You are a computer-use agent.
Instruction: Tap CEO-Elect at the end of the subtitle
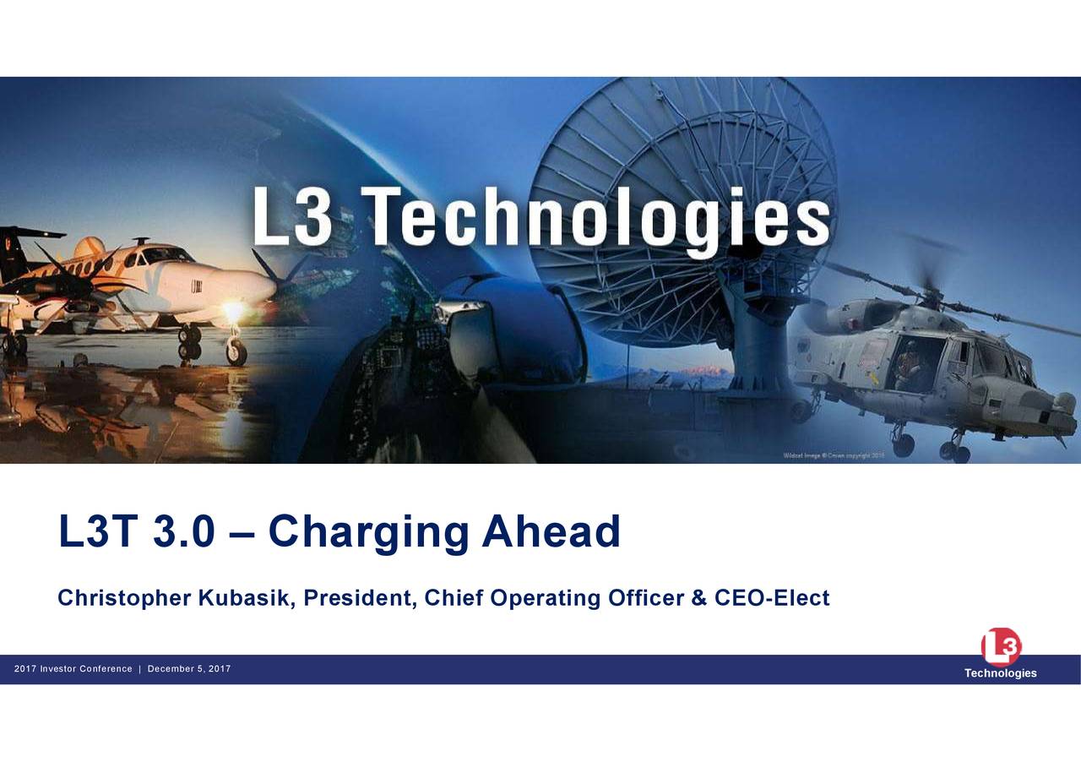[772, 598]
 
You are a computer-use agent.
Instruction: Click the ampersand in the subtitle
[698, 598]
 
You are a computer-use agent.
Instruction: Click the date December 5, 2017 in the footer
[189, 669]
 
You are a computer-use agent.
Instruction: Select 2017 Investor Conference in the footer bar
[73, 669]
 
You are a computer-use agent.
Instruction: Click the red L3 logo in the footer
[1001, 647]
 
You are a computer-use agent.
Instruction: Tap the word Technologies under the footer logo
[1001, 673]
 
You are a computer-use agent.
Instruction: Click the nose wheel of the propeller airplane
[236, 353]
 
